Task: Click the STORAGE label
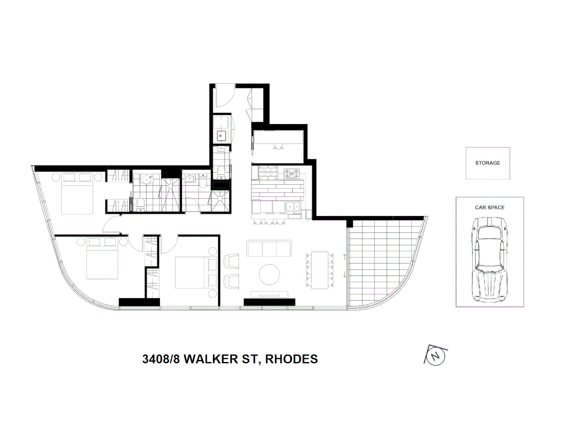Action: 487,163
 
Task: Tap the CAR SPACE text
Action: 489,207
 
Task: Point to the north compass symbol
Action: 435,356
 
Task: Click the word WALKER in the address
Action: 211,359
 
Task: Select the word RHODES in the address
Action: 291,359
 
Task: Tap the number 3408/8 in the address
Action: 161,359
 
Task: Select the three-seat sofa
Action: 269,248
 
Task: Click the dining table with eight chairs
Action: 319,270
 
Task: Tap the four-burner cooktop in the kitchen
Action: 291,173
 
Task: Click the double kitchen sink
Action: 292,206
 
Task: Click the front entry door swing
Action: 224,96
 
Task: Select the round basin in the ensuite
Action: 147,179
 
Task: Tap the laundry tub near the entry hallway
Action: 221,135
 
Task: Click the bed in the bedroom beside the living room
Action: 196,273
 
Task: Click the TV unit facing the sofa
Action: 269,294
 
